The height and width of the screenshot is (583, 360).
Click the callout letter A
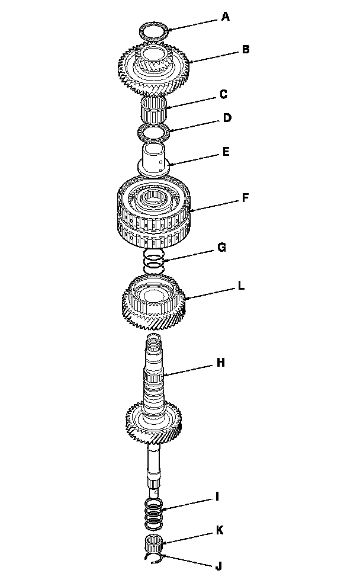click(x=225, y=17)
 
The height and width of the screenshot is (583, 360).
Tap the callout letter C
click(x=223, y=94)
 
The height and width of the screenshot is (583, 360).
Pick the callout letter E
click(x=226, y=152)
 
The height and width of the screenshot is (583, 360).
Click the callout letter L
click(x=241, y=286)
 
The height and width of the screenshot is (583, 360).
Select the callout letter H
click(x=221, y=361)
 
